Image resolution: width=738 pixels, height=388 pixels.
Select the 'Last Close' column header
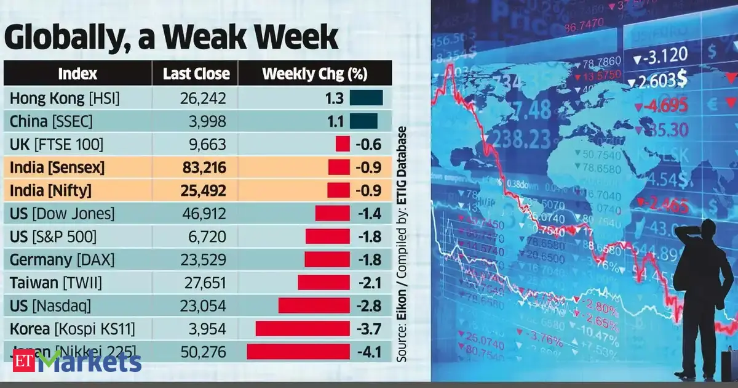coord(196,74)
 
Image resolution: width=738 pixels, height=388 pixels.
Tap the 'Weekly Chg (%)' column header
coord(314,74)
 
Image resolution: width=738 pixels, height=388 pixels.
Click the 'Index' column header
coord(77,74)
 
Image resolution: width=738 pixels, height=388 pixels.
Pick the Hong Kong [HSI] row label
coord(65,97)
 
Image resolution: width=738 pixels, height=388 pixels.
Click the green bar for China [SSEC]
coord(363,121)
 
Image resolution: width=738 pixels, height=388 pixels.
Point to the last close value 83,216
coord(203,168)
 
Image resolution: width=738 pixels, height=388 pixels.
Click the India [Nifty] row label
coord(51,191)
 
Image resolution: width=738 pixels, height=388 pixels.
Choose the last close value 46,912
coord(203,214)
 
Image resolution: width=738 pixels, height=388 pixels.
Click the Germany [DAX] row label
coord(62,259)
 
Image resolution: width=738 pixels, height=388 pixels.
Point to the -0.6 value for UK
coord(368,145)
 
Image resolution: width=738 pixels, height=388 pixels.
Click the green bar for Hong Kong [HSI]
coord(366,97)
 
